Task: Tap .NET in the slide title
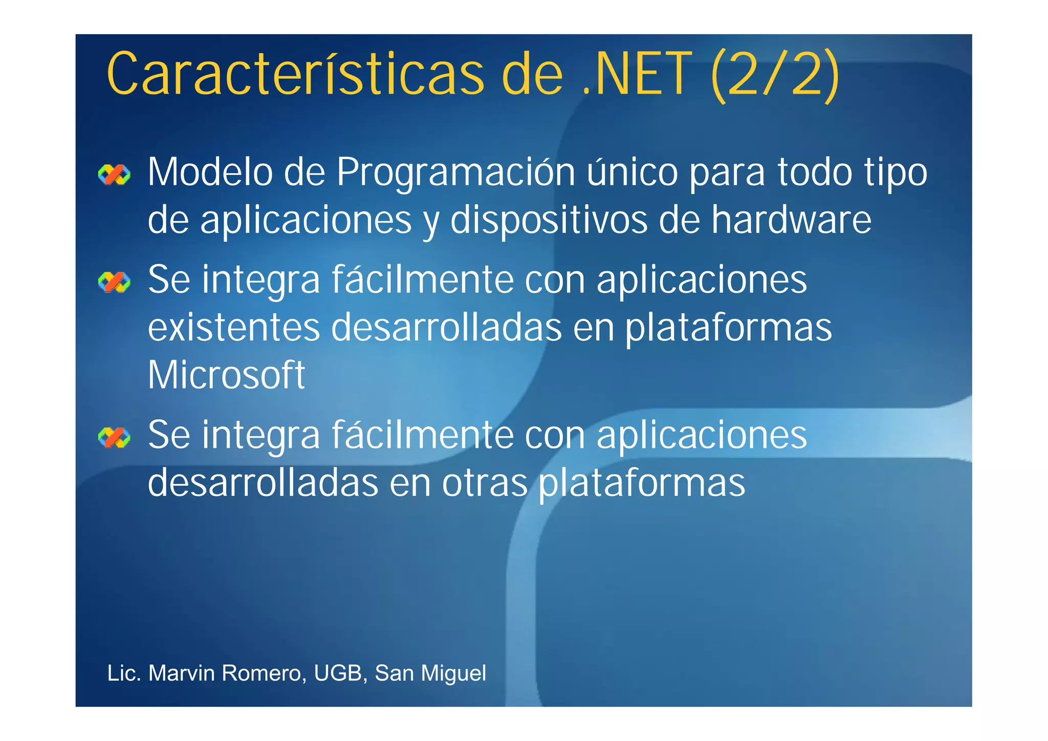(x=637, y=74)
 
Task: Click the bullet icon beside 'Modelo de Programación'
(x=114, y=175)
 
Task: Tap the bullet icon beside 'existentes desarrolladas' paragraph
(x=114, y=282)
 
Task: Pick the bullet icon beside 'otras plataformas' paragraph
(x=114, y=438)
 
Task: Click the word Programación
(x=455, y=173)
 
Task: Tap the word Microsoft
(x=226, y=375)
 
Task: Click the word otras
(x=485, y=483)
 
